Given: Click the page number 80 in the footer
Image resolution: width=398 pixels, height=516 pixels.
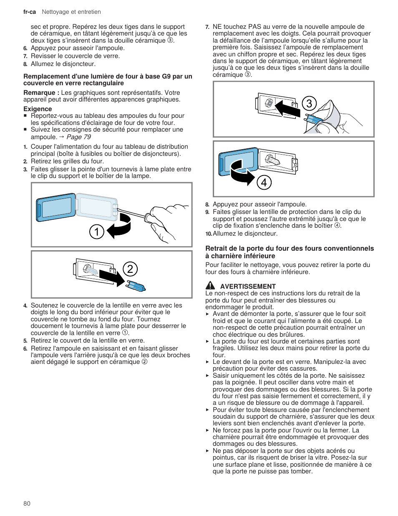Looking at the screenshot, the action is coord(27,503).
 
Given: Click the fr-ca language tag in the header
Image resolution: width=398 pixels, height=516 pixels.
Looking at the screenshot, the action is coord(29,12).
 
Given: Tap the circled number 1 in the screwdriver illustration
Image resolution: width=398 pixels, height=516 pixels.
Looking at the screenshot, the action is coord(96,231).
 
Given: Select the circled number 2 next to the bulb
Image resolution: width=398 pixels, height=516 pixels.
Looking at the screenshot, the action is coord(130,269).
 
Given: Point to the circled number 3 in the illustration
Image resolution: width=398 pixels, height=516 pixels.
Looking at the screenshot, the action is coord(309,104).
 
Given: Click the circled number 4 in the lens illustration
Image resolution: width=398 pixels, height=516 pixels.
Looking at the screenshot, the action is coord(264,183).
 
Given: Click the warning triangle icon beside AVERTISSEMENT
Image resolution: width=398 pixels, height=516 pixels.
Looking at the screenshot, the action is coord(210,286).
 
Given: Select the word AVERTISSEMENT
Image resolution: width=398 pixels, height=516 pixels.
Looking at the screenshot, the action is coord(248,286).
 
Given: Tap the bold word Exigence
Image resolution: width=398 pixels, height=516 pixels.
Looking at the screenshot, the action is coord(38,109).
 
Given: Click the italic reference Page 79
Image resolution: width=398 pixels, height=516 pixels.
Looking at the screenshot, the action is coord(78,137).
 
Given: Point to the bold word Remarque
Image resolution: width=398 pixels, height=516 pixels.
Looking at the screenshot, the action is coord(39,93).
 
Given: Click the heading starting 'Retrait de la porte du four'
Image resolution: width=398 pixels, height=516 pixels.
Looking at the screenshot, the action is coord(289,252).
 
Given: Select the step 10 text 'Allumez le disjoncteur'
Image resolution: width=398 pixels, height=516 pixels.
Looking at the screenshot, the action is coord(245,234).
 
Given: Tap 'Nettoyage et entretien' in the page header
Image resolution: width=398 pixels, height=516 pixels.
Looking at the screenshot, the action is coord(71,12).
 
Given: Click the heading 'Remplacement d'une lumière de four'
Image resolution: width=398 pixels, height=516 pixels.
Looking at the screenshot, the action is coord(108,79).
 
